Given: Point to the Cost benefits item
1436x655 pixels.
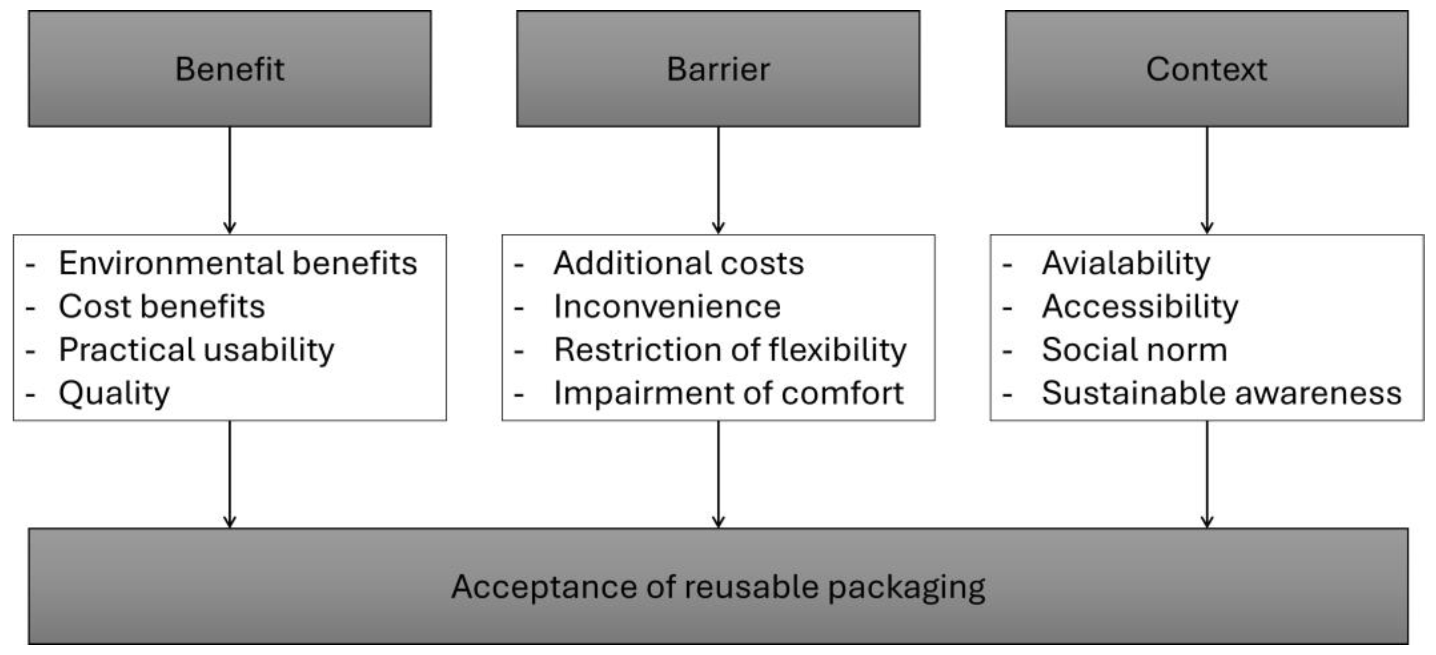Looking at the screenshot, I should pyautogui.click(x=161, y=306).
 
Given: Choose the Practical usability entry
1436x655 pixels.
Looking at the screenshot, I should pyautogui.click(x=196, y=350).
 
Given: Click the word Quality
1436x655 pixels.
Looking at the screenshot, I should pyautogui.click(x=114, y=393).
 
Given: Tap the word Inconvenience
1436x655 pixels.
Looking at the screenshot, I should pyautogui.click(x=667, y=306).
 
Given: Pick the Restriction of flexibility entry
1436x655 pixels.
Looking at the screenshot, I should pyautogui.click(x=730, y=350).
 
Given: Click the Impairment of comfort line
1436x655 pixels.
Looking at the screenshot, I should pyautogui.click(x=728, y=393).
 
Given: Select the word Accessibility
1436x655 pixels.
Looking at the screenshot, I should pyautogui.click(x=1140, y=306).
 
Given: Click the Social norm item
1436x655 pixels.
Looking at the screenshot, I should pyautogui.click(x=1134, y=350).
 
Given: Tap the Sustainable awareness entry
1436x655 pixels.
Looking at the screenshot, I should pyautogui.click(x=1221, y=393).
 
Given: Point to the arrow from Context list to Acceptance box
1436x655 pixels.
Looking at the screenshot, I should pyautogui.click(x=1207, y=474).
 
